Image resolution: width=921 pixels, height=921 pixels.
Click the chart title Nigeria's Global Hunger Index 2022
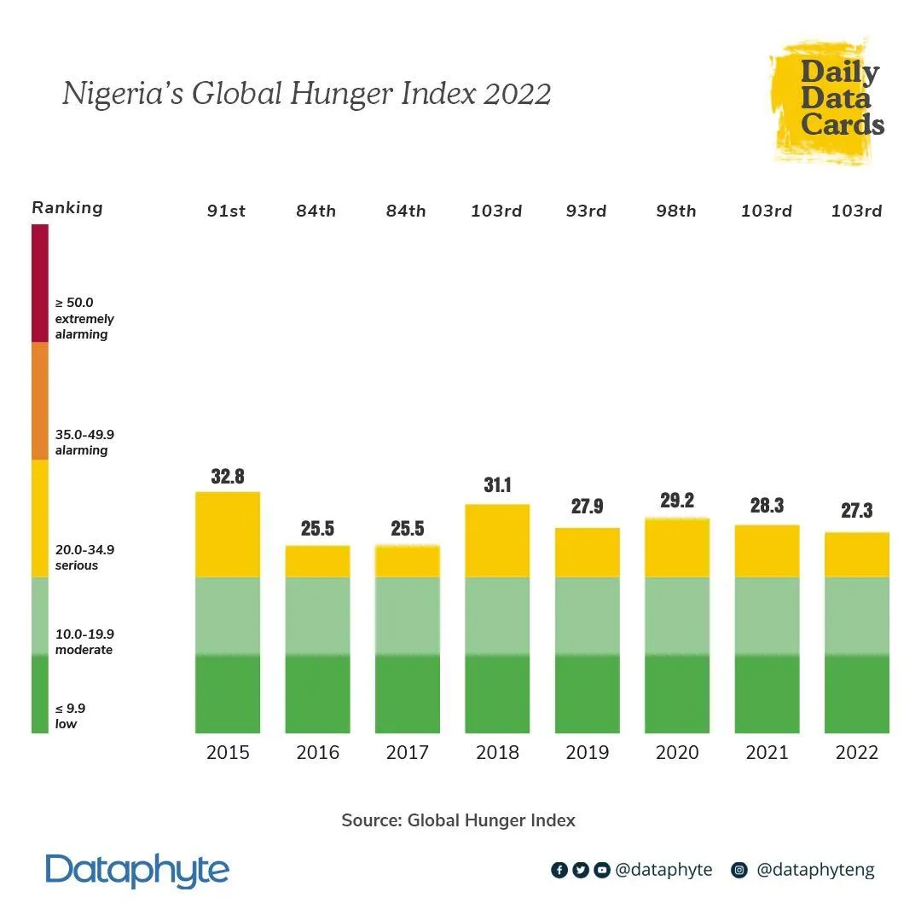click(306, 93)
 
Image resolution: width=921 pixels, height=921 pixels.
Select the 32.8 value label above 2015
click(228, 477)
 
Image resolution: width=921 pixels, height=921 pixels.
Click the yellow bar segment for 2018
click(497, 541)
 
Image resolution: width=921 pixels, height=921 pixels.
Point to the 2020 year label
click(677, 752)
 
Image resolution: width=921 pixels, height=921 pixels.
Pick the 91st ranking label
click(226, 211)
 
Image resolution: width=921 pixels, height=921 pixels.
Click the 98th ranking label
click(676, 211)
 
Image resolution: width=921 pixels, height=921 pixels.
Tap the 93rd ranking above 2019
click(587, 211)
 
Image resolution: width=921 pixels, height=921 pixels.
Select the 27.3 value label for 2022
click(856, 511)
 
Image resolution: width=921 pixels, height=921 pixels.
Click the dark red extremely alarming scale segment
click(40, 283)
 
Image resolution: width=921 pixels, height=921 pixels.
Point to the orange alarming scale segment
click(40, 401)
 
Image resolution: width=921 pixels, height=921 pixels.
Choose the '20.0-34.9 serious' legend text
click(84, 558)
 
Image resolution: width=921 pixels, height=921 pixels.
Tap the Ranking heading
click(67, 207)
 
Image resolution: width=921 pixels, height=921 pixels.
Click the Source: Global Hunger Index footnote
click(459, 820)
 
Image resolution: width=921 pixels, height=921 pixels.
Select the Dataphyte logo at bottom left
click(137, 871)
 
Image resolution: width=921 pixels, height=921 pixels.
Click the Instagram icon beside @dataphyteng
click(740, 871)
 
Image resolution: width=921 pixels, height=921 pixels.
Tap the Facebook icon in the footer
click(559, 871)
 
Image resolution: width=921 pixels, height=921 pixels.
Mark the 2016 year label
click(317, 752)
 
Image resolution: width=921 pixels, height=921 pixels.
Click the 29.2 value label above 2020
click(677, 501)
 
